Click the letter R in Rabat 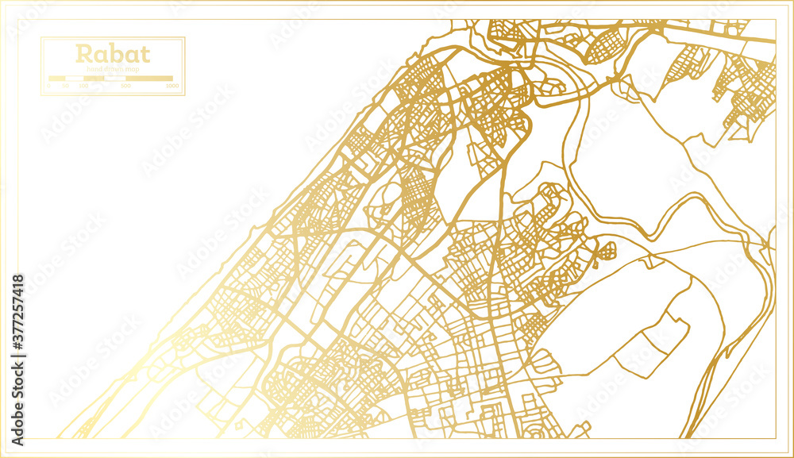click(82, 55)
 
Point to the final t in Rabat click(144, 55)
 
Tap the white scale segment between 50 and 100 click(75, 79)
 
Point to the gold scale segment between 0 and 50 click(58, 79)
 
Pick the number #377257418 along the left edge click(17, 318)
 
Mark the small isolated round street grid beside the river click(606, 252)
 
